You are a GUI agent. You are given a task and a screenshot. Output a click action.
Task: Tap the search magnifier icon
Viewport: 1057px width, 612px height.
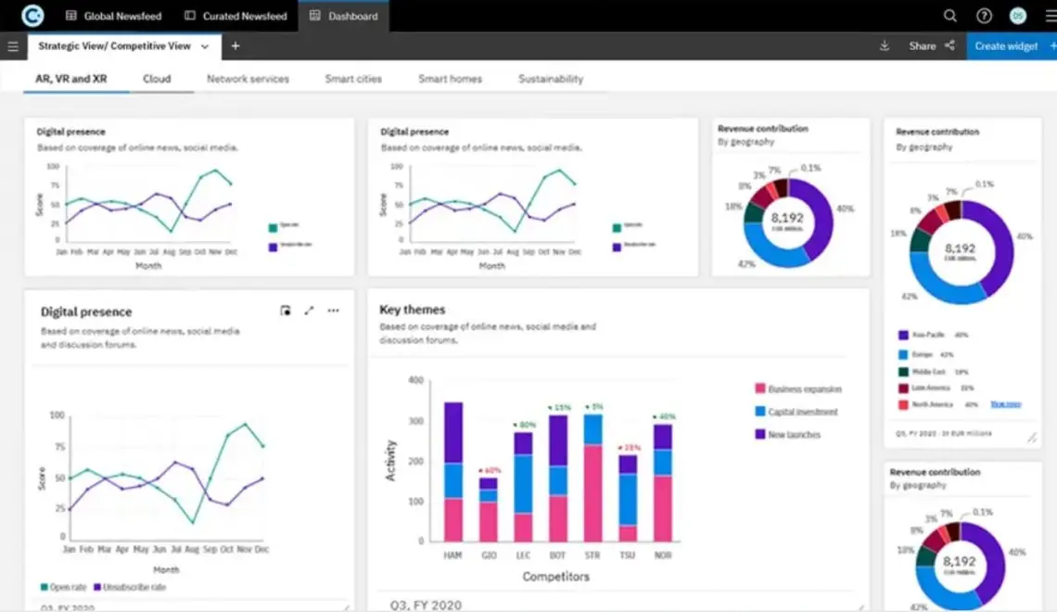pos(949,16)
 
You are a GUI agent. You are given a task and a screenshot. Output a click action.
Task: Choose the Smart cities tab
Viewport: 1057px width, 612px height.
pos(353,79)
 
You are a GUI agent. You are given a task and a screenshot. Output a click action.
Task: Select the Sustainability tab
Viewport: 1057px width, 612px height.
pos(551,79)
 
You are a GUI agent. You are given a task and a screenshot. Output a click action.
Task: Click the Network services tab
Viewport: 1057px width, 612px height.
pos(248,79)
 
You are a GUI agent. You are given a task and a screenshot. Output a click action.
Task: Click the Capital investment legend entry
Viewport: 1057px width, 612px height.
pos(802,412)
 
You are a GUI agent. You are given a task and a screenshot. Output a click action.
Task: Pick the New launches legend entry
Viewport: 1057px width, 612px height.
pos(794,434)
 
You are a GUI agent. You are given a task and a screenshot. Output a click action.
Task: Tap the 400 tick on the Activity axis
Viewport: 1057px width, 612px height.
pos(415,380)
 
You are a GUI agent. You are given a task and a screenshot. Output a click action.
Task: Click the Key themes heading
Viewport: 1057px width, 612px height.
pos(412,310)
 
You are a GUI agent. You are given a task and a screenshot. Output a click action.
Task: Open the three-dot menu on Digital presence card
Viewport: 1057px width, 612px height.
pos(333,311)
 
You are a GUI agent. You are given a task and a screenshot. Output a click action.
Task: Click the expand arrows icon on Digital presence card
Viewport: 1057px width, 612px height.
pos(310,311)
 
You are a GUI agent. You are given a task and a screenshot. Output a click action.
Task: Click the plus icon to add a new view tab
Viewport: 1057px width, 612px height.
pos(236,45)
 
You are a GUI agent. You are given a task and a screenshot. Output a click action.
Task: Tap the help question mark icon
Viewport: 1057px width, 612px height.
pos(984,16)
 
